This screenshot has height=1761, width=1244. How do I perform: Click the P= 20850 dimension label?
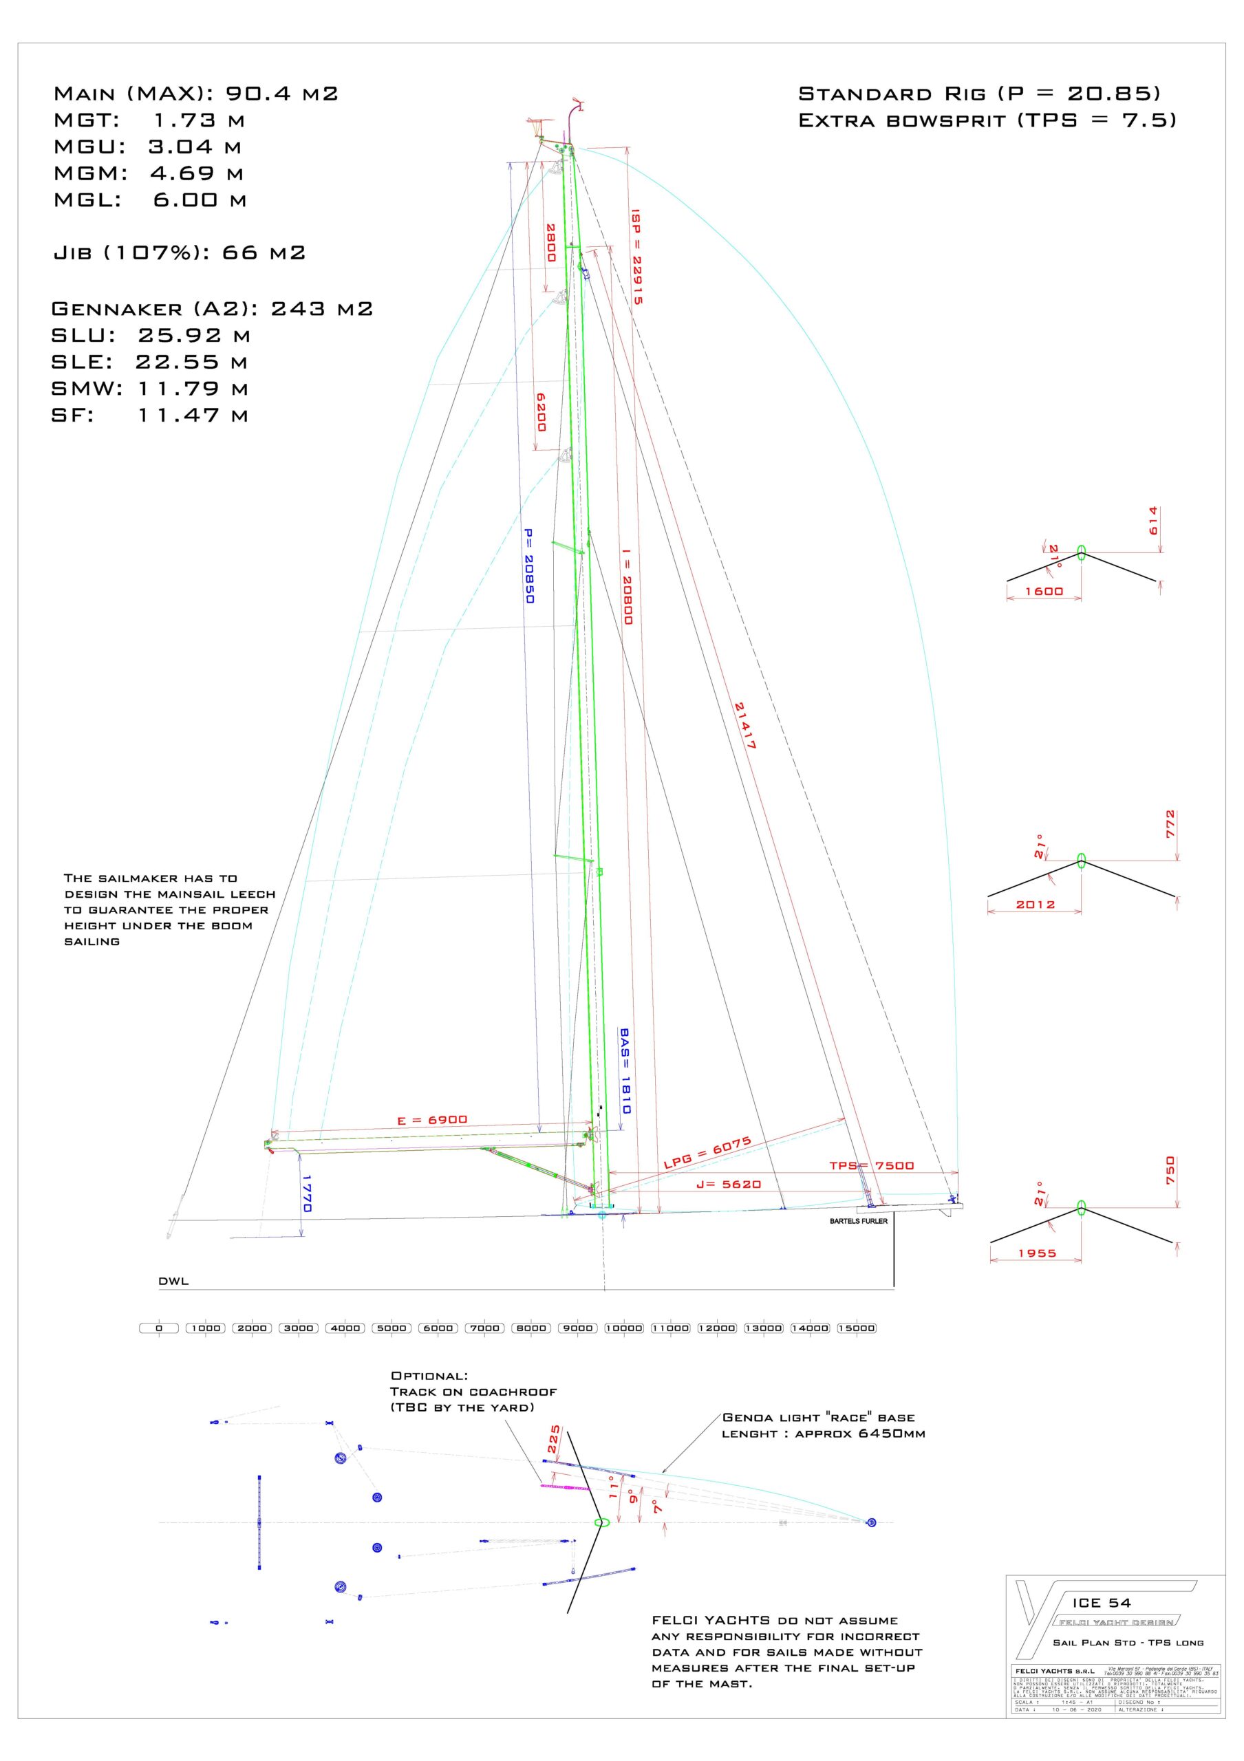click(x=528, y=566)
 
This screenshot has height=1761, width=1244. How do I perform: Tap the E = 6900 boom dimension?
click(x=432, y=1121)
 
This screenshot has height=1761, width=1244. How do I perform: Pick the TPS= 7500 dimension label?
click(x=871, y=1166)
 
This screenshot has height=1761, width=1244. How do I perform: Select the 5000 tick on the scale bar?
click(x=391, y=1328)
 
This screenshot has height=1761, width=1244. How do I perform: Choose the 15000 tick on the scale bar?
click(x=856, y=1328)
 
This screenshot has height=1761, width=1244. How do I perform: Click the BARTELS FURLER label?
click(x=858, y=1221)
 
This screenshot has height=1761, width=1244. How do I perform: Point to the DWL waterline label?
click(x=173, y=1281)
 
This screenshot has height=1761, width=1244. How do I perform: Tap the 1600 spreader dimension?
click(x=1044, y=592)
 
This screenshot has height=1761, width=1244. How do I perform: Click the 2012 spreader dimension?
click(x=1036, y=905)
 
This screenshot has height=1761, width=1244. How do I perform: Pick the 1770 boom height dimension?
click(x=307, y=1193)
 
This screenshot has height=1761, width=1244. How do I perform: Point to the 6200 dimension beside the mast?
click(x=541, y=412)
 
